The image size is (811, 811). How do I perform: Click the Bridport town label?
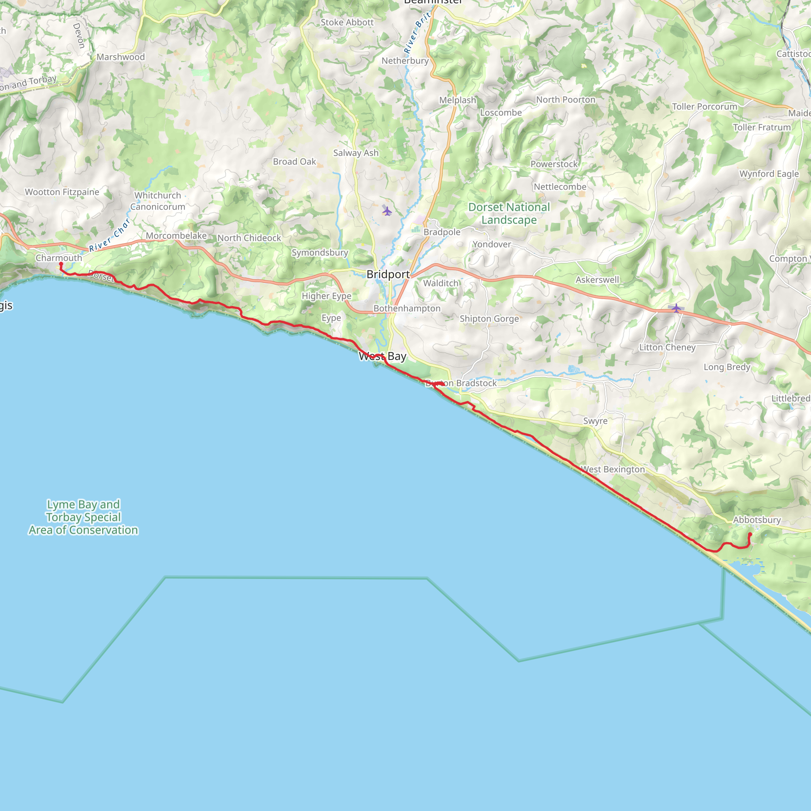pyautogui.click(x=388, y=274)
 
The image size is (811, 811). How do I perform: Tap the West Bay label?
pyautogui.click(x=383, y=356)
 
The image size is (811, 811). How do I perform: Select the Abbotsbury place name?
pyautogui.click(x=757, y=520)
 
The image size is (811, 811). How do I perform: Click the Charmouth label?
pyautogui.click(x=59, y=258)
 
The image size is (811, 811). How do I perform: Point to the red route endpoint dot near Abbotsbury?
pyautogui.click(x=750, y=534)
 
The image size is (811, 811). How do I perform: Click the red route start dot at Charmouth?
pyautogui.click(x=61, y=264)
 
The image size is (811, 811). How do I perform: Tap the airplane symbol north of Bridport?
pyautogui.click(x=387, y=211)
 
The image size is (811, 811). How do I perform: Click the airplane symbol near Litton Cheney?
pyautogui.click(x=676, y=308)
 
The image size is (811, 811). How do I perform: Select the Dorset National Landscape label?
pyautogui.click(x=509, y=213)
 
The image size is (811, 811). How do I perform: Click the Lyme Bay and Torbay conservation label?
pyautogui.click(x=83, y=517)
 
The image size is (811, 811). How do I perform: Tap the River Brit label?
pyautogui.click(x=417, y=33)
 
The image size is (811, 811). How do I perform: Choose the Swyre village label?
pyautogui.click(x=595, y=421)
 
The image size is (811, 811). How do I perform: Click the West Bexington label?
pyautogui.click(x=613, y=469)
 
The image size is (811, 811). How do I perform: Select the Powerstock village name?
pyautogui.click(x=554, y=164)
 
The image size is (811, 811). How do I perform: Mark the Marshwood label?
pyautogui.click(x=120, y=57)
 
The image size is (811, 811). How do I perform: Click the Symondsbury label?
pyautogui.click(x=320, y=252)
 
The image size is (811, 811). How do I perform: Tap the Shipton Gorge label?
pyautogui.click(x=489, y=319)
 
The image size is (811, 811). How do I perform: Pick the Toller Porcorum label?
pyautogui.click(x=704, y=107)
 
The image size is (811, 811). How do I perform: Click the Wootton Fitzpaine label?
pyautogui.click(x=62, y=192)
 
